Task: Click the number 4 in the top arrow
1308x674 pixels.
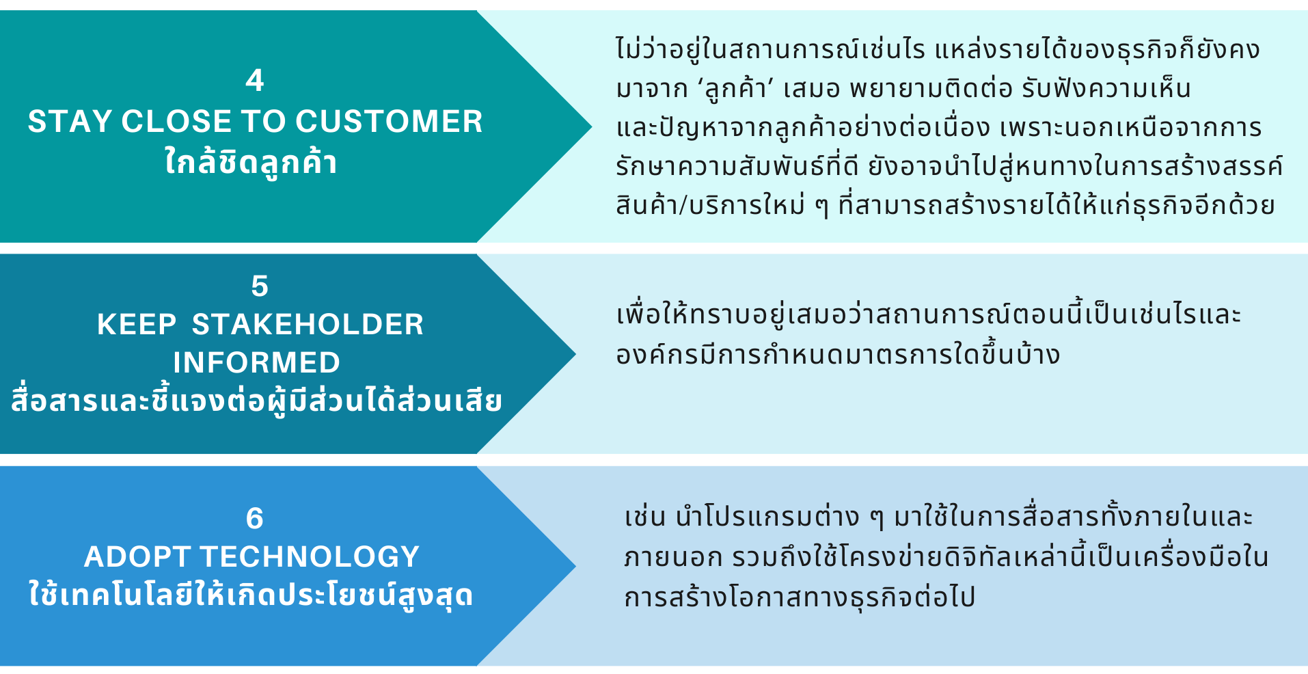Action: (255, 81)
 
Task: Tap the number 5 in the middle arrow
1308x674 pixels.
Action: (260, 286)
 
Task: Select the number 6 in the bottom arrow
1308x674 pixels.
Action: (254, 518)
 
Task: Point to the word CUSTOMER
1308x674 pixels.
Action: (389, 122)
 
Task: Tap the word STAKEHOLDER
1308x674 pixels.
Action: (308, 325)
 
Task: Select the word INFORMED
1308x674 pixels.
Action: (256, 363)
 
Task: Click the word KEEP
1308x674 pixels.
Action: (137, 325)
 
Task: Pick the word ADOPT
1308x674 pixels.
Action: (137, 557)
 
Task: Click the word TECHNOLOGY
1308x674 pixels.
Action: (310, 557)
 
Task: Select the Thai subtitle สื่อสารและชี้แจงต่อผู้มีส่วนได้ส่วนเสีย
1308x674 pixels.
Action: (256, 401)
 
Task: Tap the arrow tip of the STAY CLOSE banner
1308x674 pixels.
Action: (591, 126)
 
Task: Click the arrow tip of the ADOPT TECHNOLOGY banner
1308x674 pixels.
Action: (575, 566)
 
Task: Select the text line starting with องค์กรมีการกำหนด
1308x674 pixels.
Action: (838, 354)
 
